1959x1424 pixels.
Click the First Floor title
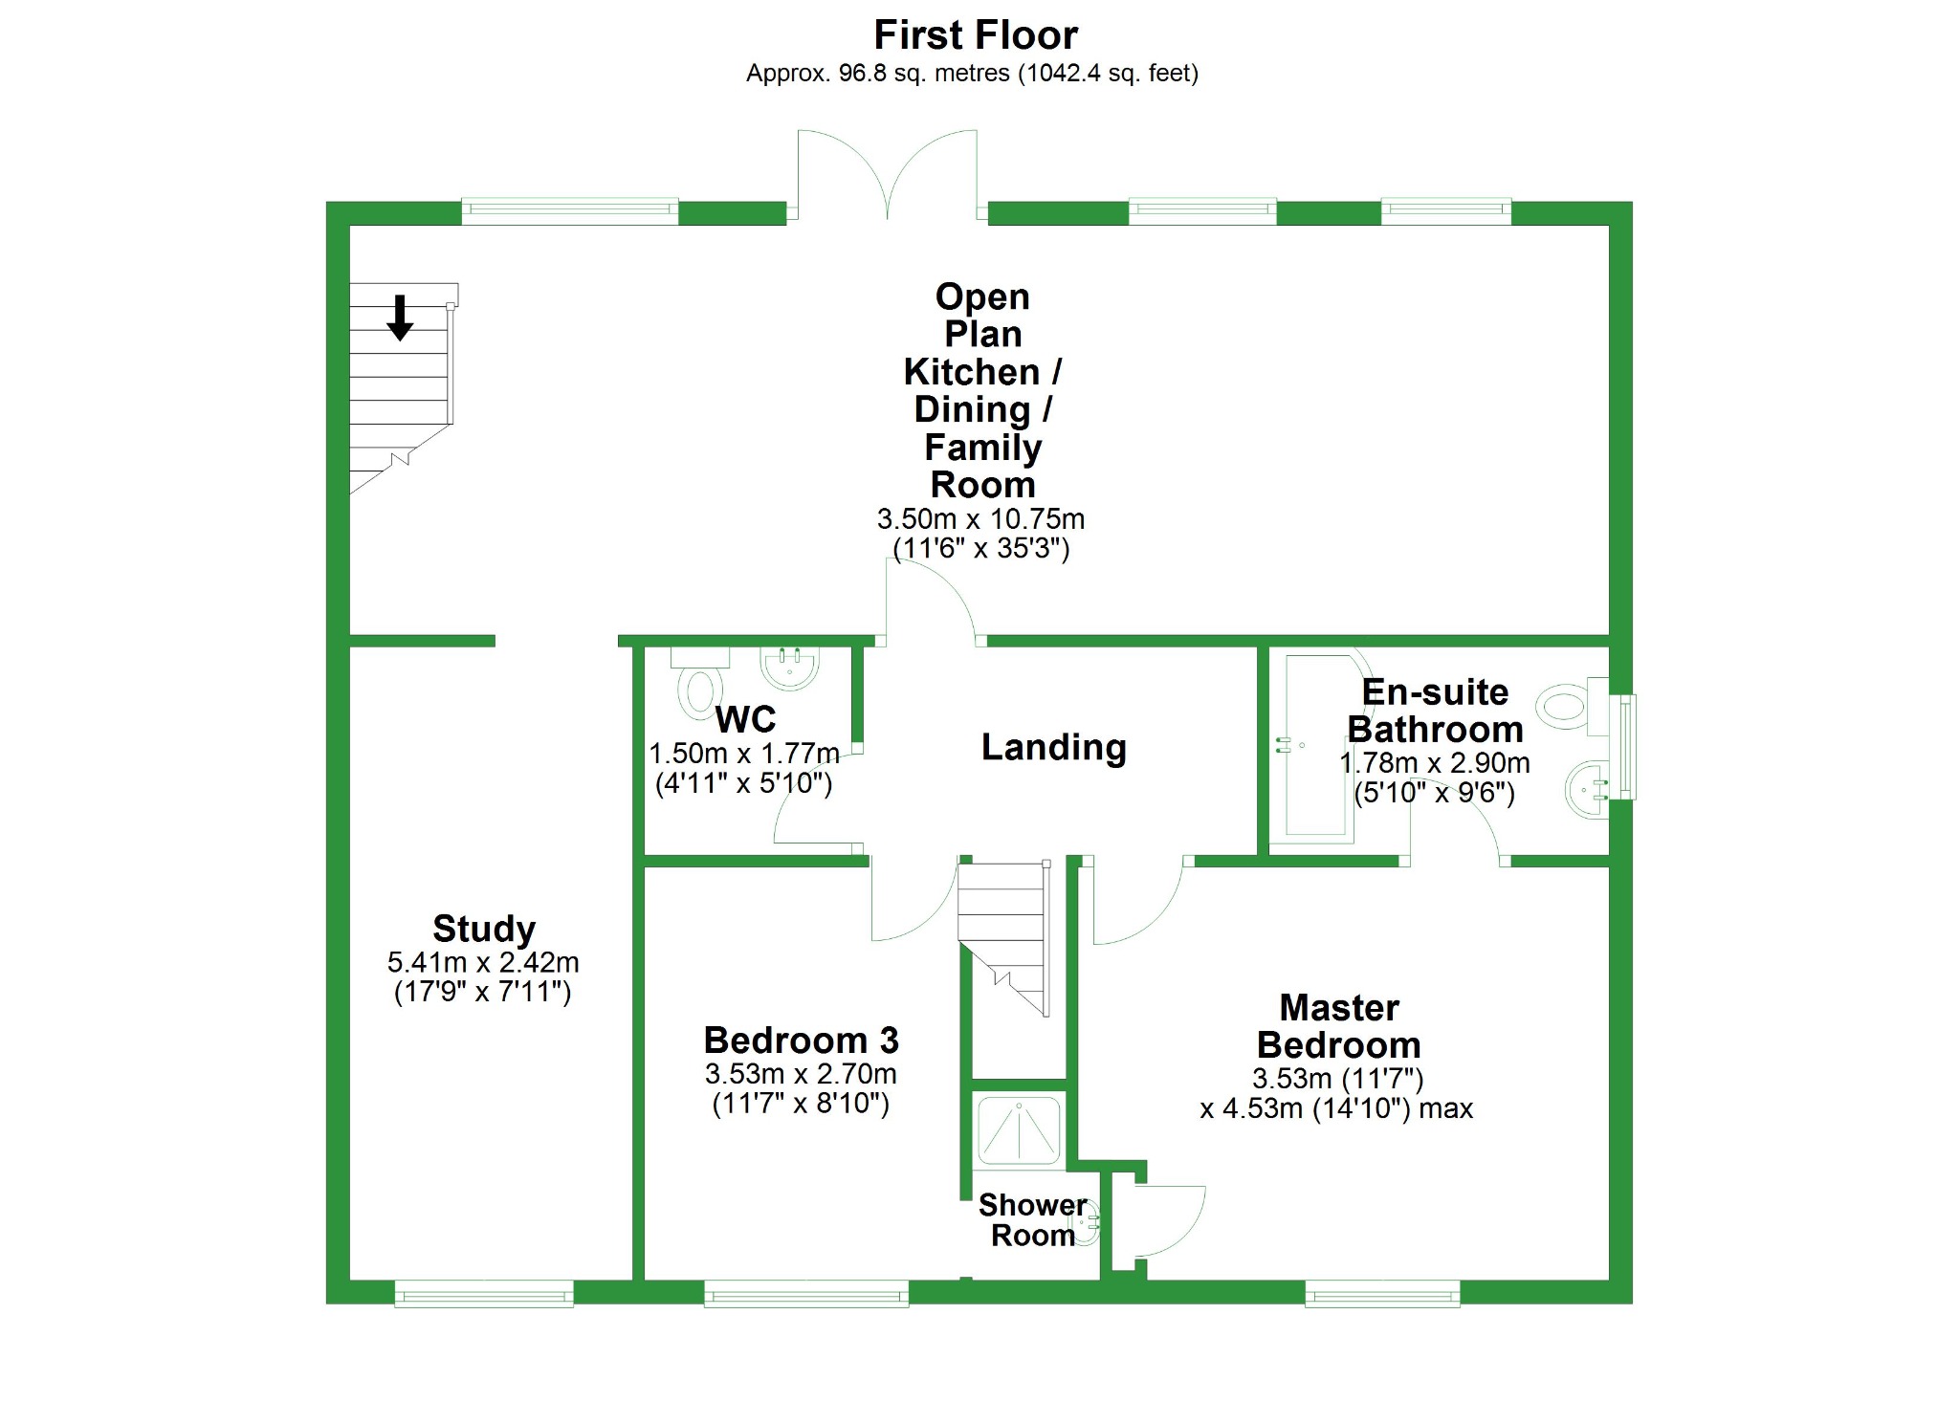(975, 35)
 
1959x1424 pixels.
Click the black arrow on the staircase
(400, 318)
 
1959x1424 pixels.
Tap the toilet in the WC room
(700, 689)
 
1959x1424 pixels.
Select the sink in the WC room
(789, 666)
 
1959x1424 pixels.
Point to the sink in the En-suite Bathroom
(1588, 790)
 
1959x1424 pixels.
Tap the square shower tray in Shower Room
(1019, 1130)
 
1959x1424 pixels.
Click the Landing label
(1053, 747)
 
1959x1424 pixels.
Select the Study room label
(483, 928)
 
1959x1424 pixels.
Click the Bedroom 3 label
(801, 1040)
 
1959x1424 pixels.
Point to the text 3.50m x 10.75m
(980, 519)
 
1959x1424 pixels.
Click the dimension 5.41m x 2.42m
(483, 962)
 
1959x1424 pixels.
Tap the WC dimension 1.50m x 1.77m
(743, 754)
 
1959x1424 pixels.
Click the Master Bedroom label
(1338, 1026)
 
